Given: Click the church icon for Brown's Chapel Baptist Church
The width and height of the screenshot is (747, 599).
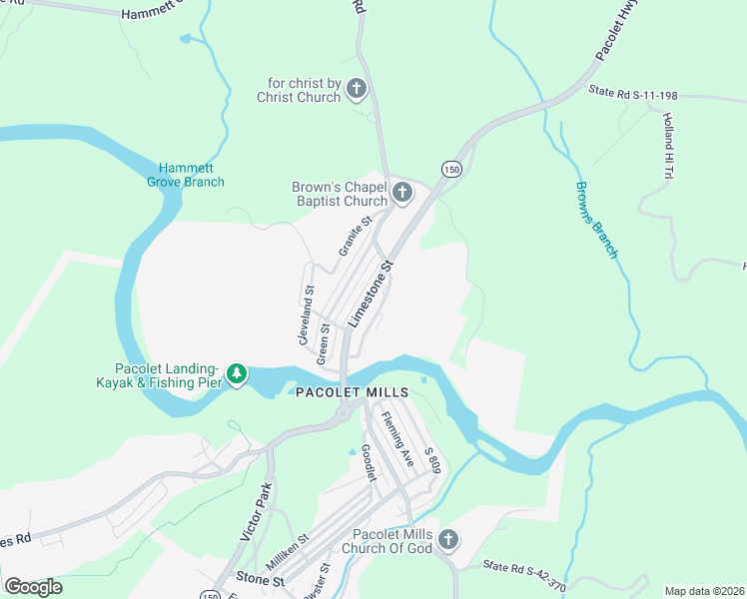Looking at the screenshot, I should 402,192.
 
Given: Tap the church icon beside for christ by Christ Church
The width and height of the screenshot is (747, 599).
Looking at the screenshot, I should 357,91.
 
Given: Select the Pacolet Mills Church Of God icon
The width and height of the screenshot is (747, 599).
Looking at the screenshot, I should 448,540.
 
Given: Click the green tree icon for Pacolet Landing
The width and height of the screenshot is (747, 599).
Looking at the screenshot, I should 237,374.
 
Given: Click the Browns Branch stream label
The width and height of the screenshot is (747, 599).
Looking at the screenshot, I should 596,220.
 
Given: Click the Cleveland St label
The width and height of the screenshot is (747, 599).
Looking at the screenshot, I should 306,316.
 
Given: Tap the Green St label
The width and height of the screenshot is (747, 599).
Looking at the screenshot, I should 324,342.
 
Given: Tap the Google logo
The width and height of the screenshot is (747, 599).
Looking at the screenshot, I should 33,586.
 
